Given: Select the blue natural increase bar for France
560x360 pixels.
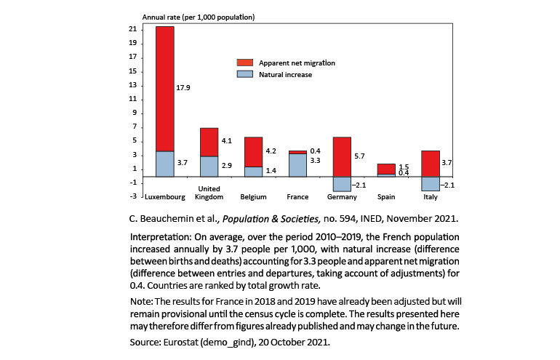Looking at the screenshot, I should tap(298, 165).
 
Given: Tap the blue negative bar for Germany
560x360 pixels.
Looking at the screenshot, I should tap(343, 184).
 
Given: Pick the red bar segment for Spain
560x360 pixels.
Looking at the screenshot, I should tap(386, 169).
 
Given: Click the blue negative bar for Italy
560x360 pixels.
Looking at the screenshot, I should tap(431, 183).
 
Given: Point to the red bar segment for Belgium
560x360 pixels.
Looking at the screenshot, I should tap(254, 152).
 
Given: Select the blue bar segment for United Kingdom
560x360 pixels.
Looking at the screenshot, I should tap(209, 167).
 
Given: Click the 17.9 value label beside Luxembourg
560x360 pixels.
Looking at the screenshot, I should tap(184, 88).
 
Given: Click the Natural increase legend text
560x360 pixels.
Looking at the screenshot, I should tap(286, 74).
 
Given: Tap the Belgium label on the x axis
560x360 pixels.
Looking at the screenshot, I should tap(254, 197).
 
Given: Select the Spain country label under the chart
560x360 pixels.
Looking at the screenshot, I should tap(386, 197).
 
